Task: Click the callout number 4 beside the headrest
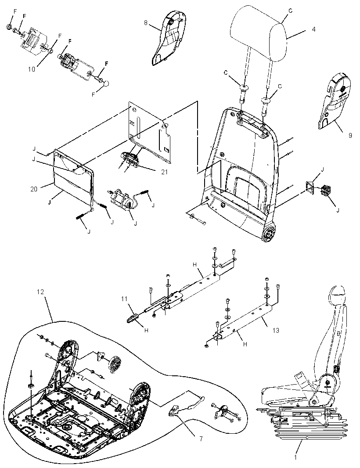(x=313, y=29)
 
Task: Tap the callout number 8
(x=146, y=23)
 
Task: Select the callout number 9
(x=350, y=135)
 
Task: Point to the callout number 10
(x=32, y=69)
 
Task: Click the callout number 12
(x=40, y=292)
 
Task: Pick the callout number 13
(x=276, y=330)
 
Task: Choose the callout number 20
(x=34, y=189)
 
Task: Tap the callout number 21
(x=164, y=172)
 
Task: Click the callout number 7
(x=201, y=439)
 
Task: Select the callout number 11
(x=124, y=298)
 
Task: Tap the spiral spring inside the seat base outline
(x=115, y=364)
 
